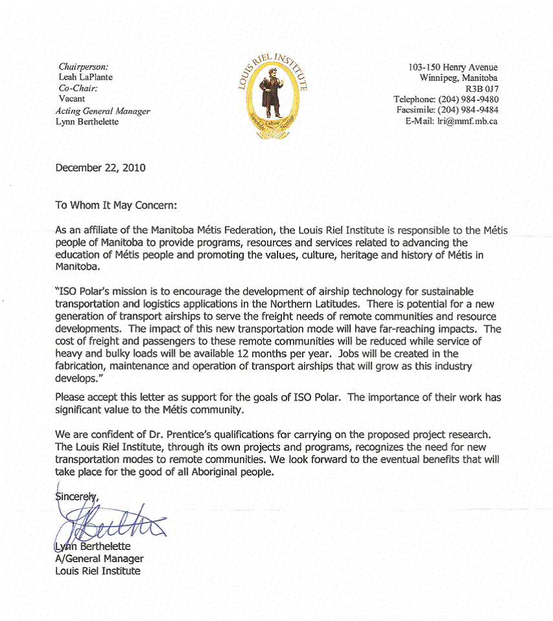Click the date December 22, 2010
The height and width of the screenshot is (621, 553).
pos(100,168)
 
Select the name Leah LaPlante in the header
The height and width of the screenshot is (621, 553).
pos(85,77)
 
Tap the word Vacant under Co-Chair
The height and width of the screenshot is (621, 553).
pos(72,99)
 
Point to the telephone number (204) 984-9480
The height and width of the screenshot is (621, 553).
pos(468,100)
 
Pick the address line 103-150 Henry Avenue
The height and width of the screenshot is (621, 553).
pos(453,67)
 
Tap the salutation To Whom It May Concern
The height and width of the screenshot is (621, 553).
pos(116,205)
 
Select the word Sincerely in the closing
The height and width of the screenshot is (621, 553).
pos(76,497)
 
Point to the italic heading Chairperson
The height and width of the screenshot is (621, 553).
pos(83,67)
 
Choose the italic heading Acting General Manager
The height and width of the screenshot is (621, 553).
pos(103,111)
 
